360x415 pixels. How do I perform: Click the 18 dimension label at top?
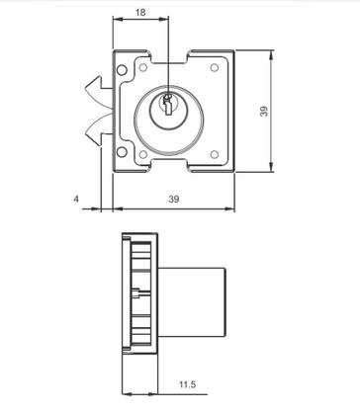140,13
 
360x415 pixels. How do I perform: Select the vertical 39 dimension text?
264,111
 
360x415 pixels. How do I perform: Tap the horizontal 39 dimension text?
174,199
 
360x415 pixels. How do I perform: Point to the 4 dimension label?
76,199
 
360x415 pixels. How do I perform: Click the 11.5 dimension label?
187,384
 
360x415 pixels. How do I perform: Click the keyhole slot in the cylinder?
168,105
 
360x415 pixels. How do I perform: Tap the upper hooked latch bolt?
99,88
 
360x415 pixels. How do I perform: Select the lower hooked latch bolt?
99,129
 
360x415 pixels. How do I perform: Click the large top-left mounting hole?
122,70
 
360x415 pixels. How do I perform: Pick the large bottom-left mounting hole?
122,152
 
